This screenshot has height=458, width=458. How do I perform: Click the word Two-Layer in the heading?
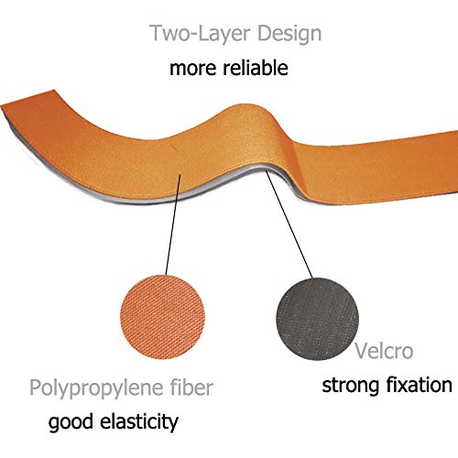point(202,33)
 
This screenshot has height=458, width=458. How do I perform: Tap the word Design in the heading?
point(289,34)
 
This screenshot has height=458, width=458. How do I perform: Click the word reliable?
point(256,68)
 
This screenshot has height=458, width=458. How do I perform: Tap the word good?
point(71,423)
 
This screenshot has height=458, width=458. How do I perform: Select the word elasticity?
point(139,422)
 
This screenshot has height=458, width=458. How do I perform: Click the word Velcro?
point(384,351)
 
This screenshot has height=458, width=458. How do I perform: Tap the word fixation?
point(420,385)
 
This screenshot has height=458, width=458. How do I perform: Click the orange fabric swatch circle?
point(163,317)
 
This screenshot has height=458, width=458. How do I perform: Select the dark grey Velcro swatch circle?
point(318,319)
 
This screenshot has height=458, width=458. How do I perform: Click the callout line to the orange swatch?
point(173,224)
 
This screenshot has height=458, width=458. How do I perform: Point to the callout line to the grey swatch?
point(289,224)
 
